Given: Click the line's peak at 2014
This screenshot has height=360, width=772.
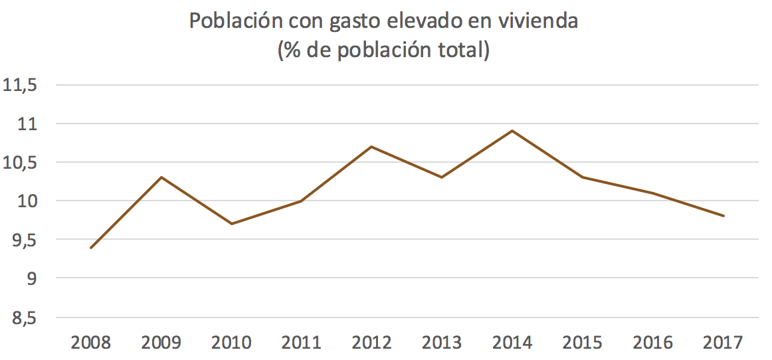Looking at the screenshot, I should tap(512, 131).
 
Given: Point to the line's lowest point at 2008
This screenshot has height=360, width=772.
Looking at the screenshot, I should tap(91, 248).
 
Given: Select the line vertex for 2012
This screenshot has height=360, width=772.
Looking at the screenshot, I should tap(371, 146).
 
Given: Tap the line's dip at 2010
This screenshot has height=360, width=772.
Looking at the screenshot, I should tap(231, 224).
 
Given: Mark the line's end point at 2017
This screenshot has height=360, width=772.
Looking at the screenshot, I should tap(723, 216).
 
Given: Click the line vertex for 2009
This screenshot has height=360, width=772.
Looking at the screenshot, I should tap(161, 177).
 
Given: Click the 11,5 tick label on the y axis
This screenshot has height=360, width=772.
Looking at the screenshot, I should tap(21, 86).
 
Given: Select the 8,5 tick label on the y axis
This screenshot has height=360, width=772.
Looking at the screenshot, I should tap(21, 319).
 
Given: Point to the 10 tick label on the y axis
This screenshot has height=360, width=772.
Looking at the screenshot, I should tap(27, 202).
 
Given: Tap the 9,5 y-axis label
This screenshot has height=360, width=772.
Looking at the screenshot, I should tap(21, 240).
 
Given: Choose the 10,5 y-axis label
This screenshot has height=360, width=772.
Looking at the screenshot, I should tap(21, 163).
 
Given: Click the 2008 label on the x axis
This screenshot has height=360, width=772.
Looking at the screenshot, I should tap(91, 343).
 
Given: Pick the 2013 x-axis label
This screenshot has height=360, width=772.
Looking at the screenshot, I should tap(442, 343).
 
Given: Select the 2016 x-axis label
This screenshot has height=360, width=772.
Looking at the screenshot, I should tap(652, 343).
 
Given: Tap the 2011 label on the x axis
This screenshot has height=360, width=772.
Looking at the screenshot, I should tap(302, 343).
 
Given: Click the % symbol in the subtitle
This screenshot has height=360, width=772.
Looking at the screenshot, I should tap(293, 50).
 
